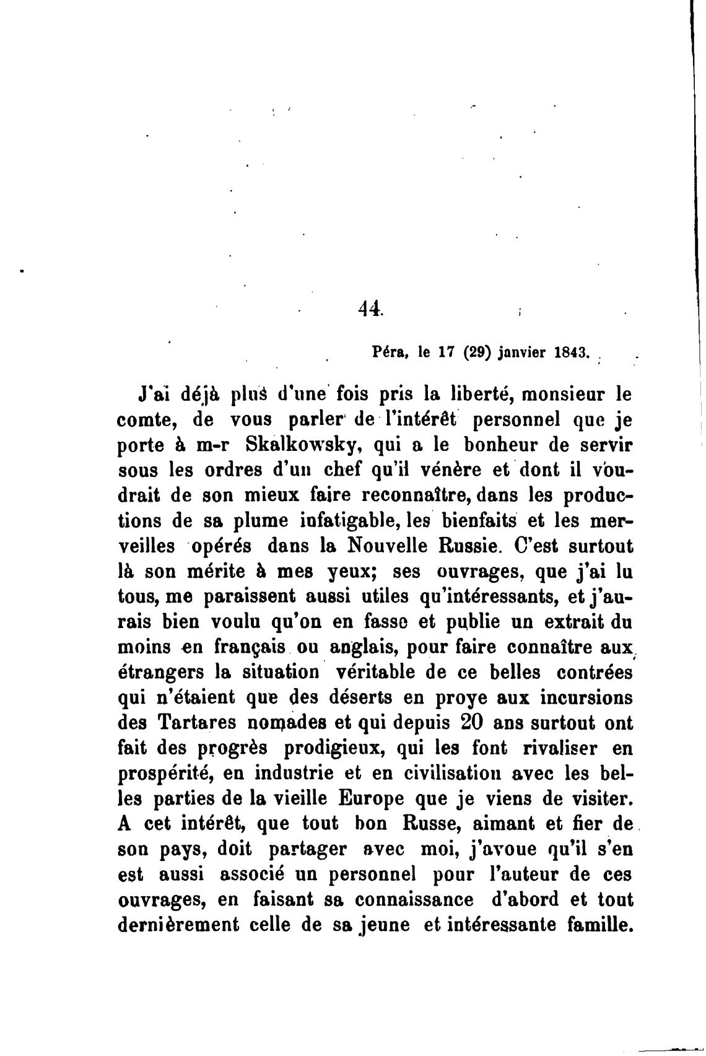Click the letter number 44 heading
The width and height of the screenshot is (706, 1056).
(370, 308)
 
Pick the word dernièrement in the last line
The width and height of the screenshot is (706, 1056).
(178, 925)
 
